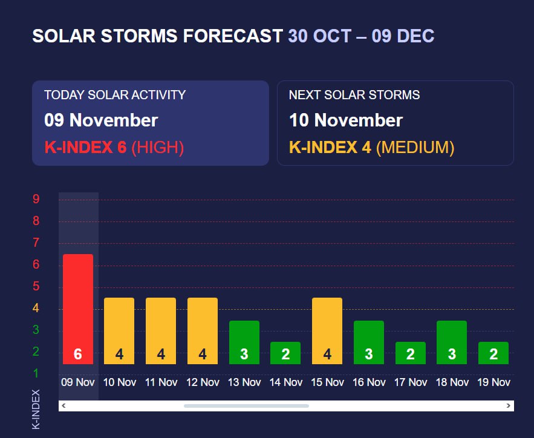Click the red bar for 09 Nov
pyautogui.click(x=78, y=309)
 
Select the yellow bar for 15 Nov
pyautogui.click(x=327, y=331)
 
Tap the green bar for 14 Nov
pyautogui.click(x=285, y=353)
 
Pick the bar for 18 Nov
pyautogui.click(x=452, y=342)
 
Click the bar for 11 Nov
pyautogui.click(x=161, y=331)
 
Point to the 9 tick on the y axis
pyautogui.click(x=36, y=199)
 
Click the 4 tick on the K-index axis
pyautogui.click(x=36, y=308)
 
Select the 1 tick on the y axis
pyautogui.click(x=36, y=373)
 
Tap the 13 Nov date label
pyautogui.click(x=244, y=382)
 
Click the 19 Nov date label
pyautogui.click(x=493, y=382)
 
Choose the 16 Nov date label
pyautogui.click(x=369, y=382)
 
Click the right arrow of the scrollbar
pyautogui.click(x=508, y=406)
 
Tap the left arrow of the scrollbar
pyautogui.click(x=63, y=406)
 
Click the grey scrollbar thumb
pyautogui.click(x=246, y=406)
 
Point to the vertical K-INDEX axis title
pyautogui.click(x=36, y=410)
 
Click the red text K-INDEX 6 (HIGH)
pyautogui.click(x=114, y=148)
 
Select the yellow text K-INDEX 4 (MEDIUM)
pyautogui.click(x=371, y=148)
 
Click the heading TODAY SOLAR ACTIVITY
pyautogui.click(x=115, y=95)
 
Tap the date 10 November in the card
pyautogui.click(x=346, y=120)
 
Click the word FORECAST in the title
pyautogui.click(x=233, y=36)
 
